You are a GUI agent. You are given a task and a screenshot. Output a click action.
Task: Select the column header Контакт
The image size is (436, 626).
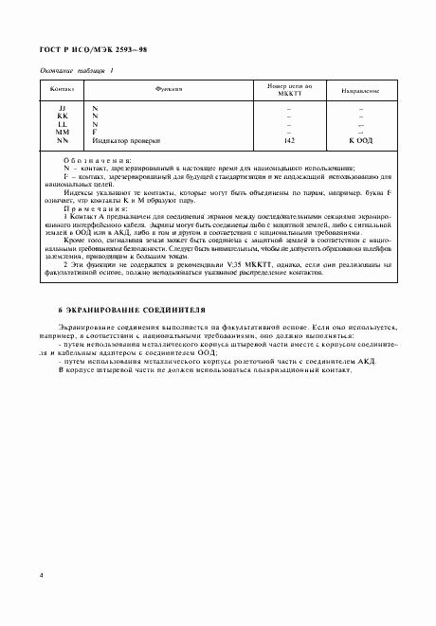coord(62,90)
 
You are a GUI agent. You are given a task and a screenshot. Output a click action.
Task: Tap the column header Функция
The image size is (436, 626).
coord(169,89)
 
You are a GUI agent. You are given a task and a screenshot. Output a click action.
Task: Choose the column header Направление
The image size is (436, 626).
coord(360,91)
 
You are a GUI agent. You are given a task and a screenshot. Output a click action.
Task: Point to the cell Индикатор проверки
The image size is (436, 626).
coord(126,139)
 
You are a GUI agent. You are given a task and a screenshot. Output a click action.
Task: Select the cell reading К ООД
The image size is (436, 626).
coord(360,139)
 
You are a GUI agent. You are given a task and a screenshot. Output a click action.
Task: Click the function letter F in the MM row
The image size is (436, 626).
coord(95,132)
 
